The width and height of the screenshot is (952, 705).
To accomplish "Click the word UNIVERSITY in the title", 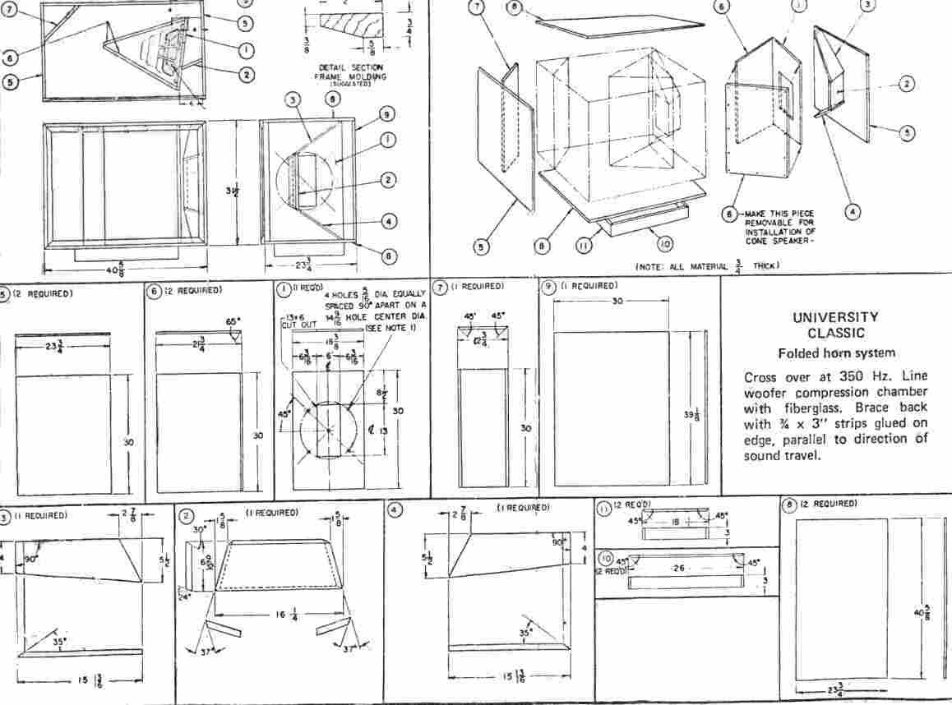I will (x=835, y=317).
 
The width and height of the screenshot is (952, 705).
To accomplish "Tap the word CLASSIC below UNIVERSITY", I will (x=835, y=333).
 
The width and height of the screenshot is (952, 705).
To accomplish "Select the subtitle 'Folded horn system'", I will (x=836, y=353).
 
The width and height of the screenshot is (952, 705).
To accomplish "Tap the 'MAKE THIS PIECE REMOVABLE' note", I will (x=777, y=220).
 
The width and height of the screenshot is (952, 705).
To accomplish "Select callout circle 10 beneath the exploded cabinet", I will (x=664, y=242).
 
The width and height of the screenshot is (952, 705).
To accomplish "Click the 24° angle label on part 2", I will (x=186, y=597).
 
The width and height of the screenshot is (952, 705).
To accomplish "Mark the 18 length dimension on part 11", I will (x=673, y=521).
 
